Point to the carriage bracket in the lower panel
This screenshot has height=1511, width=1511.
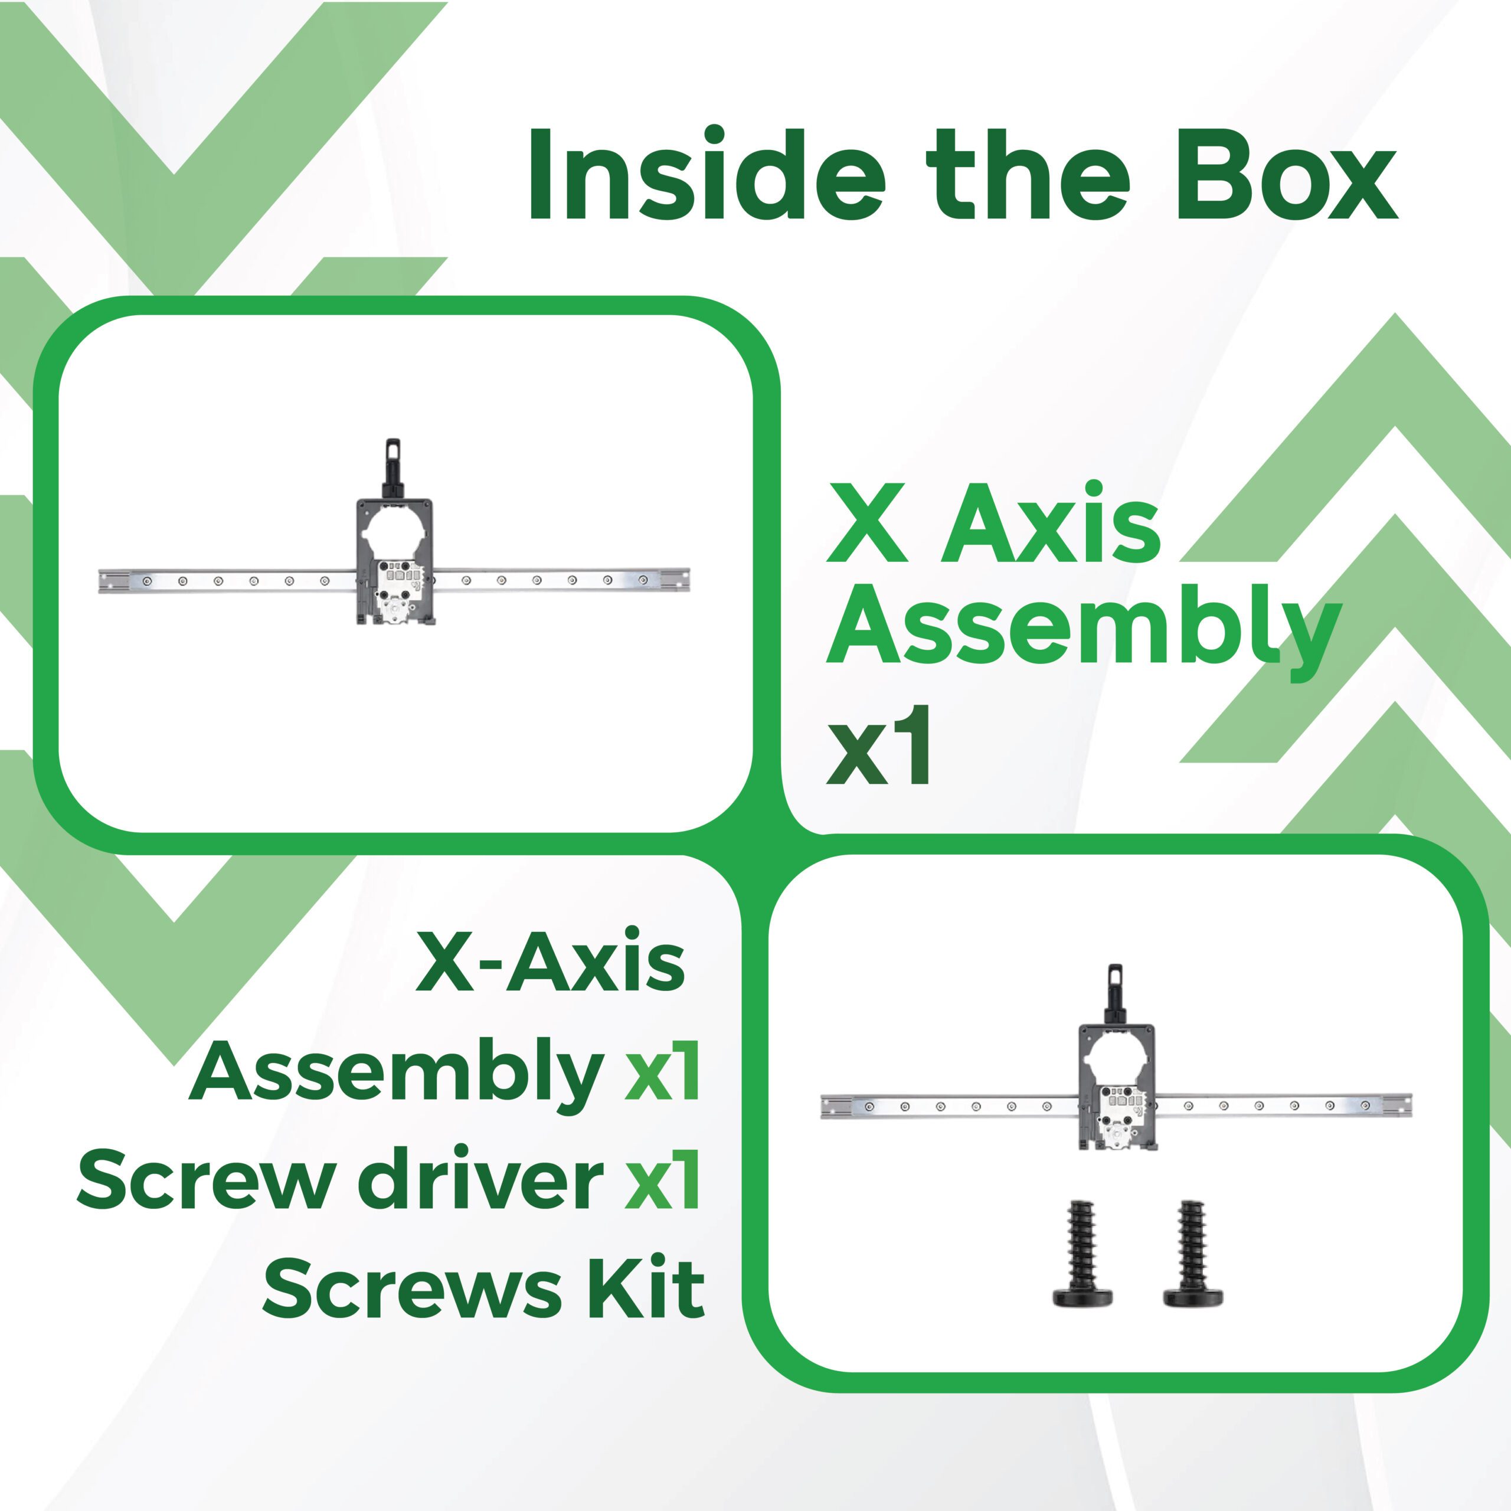click(1116, 1087)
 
